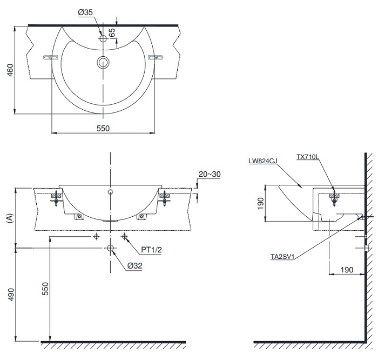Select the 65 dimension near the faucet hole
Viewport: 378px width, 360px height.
(x=112, y=32)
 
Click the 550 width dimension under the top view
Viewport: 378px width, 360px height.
(x=103, y=128)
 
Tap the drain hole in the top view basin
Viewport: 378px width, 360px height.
(x=103, y=62)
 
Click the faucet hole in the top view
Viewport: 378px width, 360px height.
(x=103, y=38)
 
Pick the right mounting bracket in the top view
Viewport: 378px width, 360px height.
(x=155, y=57)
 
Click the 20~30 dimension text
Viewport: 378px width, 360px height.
(x=210, y=174)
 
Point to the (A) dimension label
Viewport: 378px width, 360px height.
(x=8, y=218)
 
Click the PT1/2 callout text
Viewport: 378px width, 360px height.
(x=151, y=250)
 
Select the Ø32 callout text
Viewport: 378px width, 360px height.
(x=135, y=265)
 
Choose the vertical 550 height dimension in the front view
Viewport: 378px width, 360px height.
(x=45, y=289)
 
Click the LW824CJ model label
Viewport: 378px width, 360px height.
(x=262, y=161)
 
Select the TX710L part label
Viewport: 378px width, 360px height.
(x=308, y=157)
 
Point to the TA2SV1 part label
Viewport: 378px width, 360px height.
(x=281, y=257)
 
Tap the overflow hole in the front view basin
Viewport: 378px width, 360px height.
(x=111, y=192)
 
